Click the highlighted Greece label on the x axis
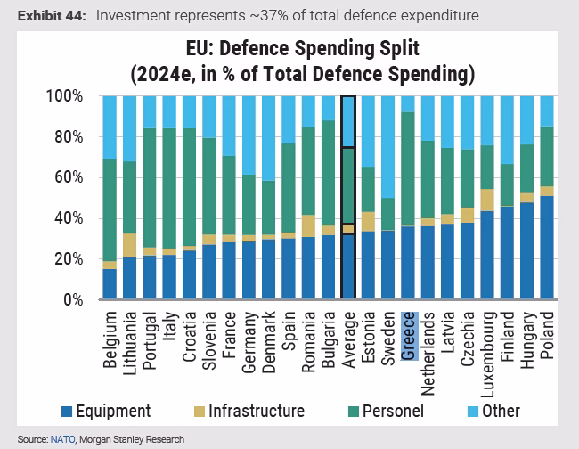(x=408, y=336)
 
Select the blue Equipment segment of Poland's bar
(x=547, y=248)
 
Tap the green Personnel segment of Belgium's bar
(x=110, y=210)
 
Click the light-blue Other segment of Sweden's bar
(x=387, y=147)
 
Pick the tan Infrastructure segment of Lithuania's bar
(x=130, y=245)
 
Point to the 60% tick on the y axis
(x=69, y=177)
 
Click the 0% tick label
(x=73, y=300)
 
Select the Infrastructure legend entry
(x=249, y=411)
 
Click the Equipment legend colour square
(x=67, y=412)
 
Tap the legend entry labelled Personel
(x=386, y=411)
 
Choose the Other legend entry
(x=493, y=411)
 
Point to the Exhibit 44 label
(x=52, y=16)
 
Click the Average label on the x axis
(x=348, y=340)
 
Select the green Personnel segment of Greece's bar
(x=408, y=168)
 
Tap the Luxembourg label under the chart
(x=488, y=355)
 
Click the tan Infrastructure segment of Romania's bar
(x=308, y=226)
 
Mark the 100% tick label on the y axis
(x=64, y=96)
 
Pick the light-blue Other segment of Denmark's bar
(x=268, y=138)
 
